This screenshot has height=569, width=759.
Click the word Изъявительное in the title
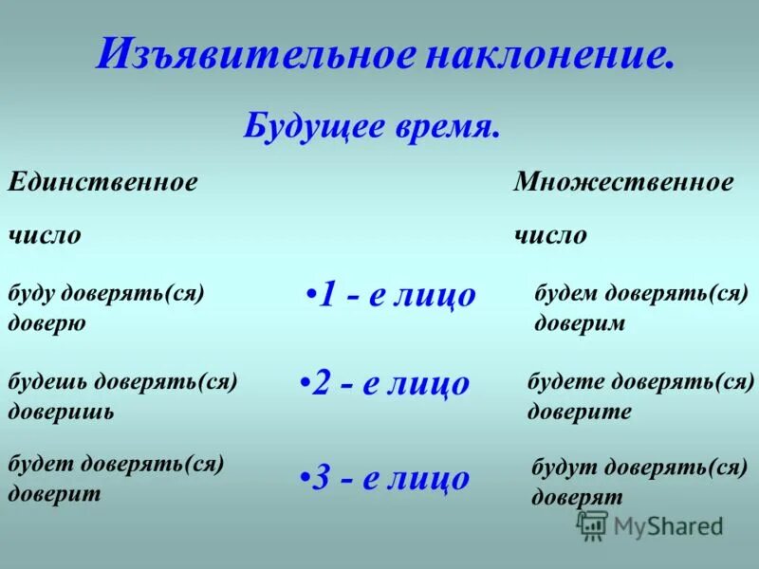(256, 54)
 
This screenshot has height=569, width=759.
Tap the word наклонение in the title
(549, 54)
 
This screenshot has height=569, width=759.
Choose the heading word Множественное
(623, 182)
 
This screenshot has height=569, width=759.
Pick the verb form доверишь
(61, 412)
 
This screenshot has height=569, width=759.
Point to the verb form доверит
(54, 494)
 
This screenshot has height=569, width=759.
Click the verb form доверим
(580, 322)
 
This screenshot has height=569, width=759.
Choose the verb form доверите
(579, 412)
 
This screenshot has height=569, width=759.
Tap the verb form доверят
(577, 496)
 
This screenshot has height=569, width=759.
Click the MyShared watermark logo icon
(593, 524)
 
